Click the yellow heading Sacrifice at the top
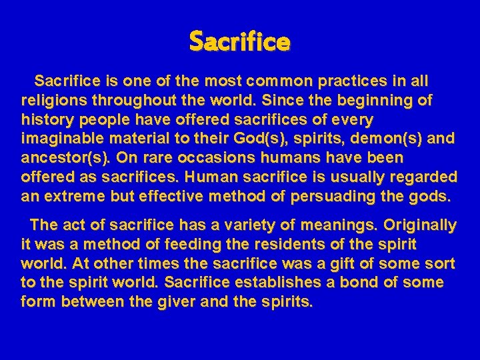click(239, 42)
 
